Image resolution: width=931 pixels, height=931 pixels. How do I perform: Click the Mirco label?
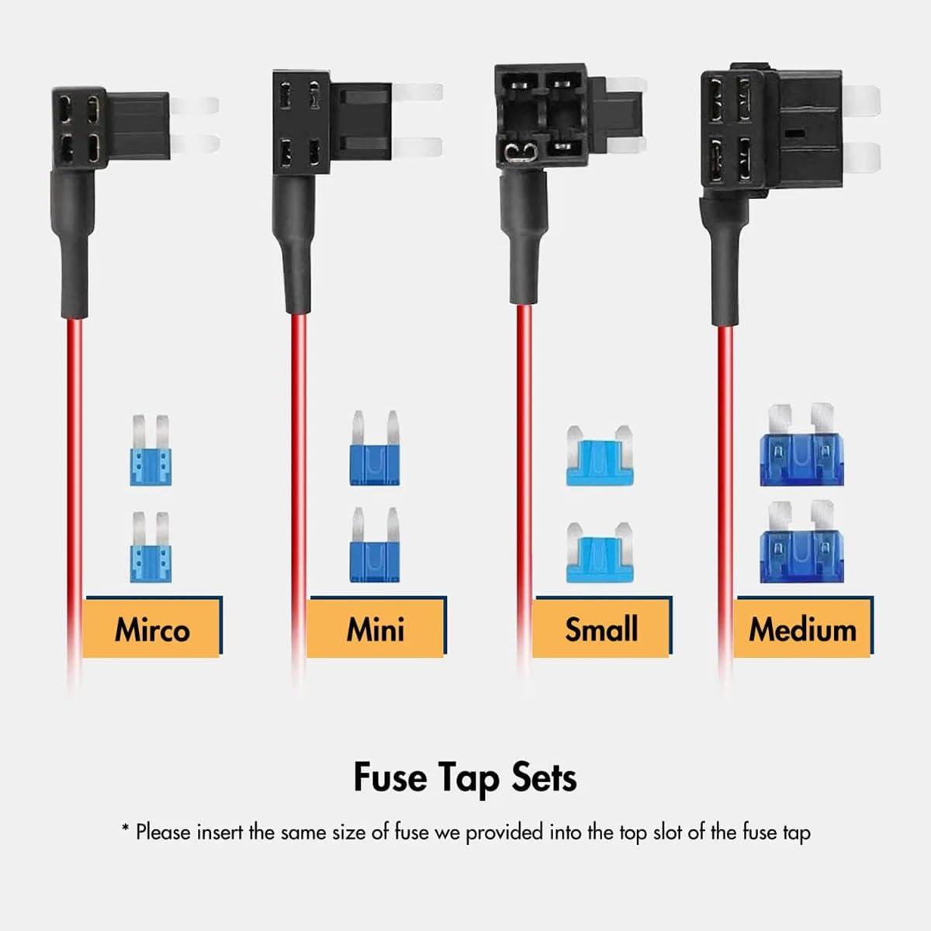pyautogui.click(x=152, y=628)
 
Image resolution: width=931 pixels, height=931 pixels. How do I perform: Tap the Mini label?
pyautogui.click(x=376, y=628)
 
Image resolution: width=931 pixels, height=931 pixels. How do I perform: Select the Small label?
pyautogui.click(x=601, y=628)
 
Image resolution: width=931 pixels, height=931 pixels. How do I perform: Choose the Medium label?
pyautogui.click(x=802, y=628)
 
